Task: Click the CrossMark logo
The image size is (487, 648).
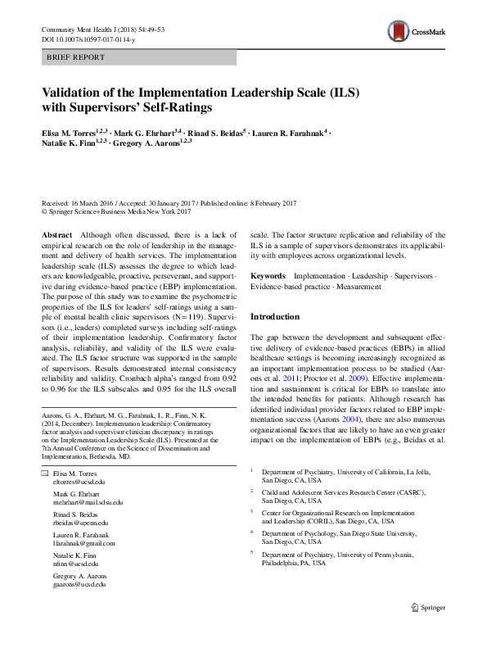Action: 416,32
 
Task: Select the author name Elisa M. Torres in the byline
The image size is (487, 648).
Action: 69,131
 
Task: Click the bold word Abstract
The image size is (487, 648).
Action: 56,234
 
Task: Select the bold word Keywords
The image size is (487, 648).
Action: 268,277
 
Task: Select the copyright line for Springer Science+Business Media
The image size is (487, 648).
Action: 115,211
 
